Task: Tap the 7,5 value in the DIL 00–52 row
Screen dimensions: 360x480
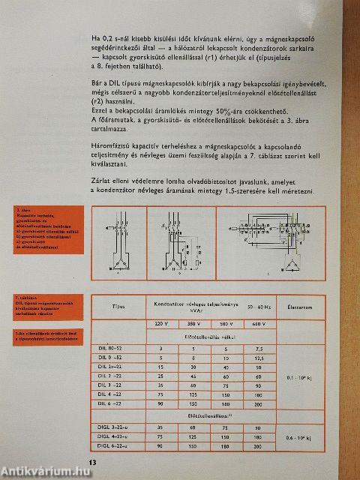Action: (x=258, y=349)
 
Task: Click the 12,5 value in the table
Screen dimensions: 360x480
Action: (x=258, y=358)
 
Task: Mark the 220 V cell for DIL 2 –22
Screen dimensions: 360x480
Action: (x=160, y=376)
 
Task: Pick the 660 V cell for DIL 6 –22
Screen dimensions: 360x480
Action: (x=258, y=403)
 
